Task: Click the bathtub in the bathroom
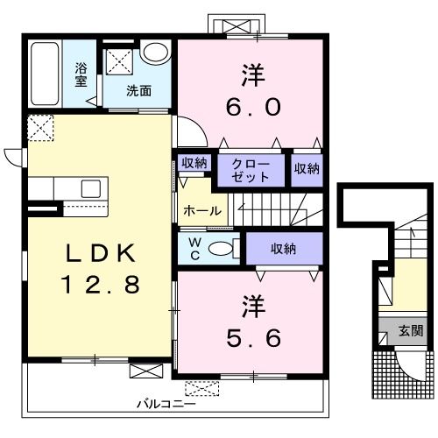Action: (x=45, y=74)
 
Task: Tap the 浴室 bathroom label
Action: (x=81, y=74)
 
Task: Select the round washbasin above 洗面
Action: (x=155, y=52)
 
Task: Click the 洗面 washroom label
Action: (x=138, y=91)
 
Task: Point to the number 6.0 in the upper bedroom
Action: (x=253, y=107)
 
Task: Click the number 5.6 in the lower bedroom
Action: (x=253, y=338)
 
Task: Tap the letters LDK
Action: (x=101, y=253)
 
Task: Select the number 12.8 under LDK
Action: (x=101, y=285)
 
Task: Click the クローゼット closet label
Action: (x=251, y=171)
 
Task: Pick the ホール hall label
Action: (x=202, y=210)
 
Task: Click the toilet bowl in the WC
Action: (x=221, y=249)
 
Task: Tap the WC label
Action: (x=194, y=249)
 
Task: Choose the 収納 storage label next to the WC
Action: (x=283, y=249)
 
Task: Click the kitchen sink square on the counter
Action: (x=91, y=188)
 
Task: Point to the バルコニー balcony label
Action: (x=166, y=405)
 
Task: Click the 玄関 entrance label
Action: (x=411, y=331)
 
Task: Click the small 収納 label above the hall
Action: (x=194, y=163)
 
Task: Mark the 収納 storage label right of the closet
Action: (x=307, y=169)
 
